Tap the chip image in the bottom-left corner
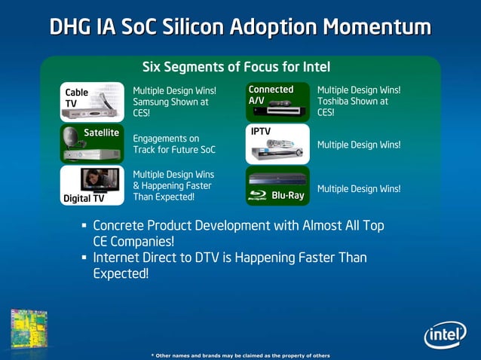[29, 328]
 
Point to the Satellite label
[102, 133]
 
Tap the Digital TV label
[84, 199]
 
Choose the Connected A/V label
[271, 95]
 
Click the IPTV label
[261, 131]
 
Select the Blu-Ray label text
[287, 196]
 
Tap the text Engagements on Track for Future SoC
[173, 144]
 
